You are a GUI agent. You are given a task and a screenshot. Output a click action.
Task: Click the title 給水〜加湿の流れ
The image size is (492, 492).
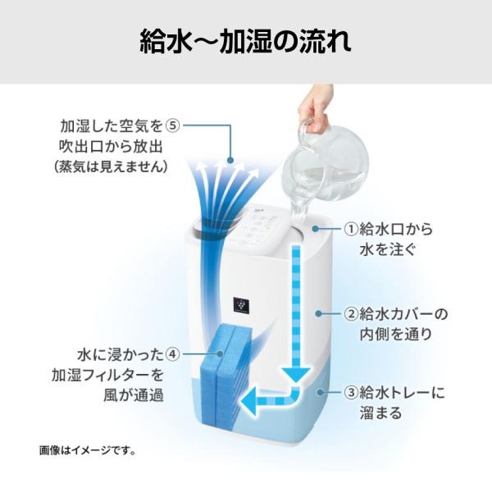246,41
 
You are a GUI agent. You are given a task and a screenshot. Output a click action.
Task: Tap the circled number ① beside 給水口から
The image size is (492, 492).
351,227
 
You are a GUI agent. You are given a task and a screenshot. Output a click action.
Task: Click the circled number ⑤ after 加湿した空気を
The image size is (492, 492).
172,126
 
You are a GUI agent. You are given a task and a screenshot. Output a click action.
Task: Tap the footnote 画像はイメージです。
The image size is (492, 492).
87,450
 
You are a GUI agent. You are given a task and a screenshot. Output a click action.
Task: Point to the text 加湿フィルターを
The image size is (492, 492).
112,375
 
